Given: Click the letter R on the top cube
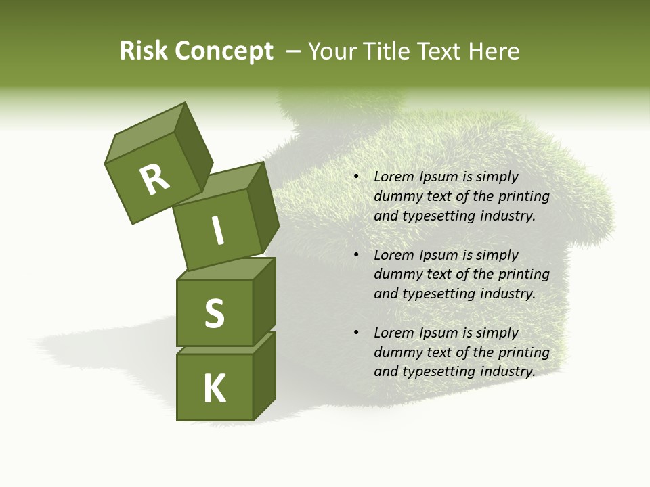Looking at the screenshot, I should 155,180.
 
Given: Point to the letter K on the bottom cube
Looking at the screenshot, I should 215,389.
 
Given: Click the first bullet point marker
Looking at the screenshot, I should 356,177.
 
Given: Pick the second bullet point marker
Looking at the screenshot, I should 356,256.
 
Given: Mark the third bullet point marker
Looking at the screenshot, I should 356,333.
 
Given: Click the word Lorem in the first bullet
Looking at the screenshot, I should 393,177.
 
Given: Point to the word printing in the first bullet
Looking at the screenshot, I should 524,196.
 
